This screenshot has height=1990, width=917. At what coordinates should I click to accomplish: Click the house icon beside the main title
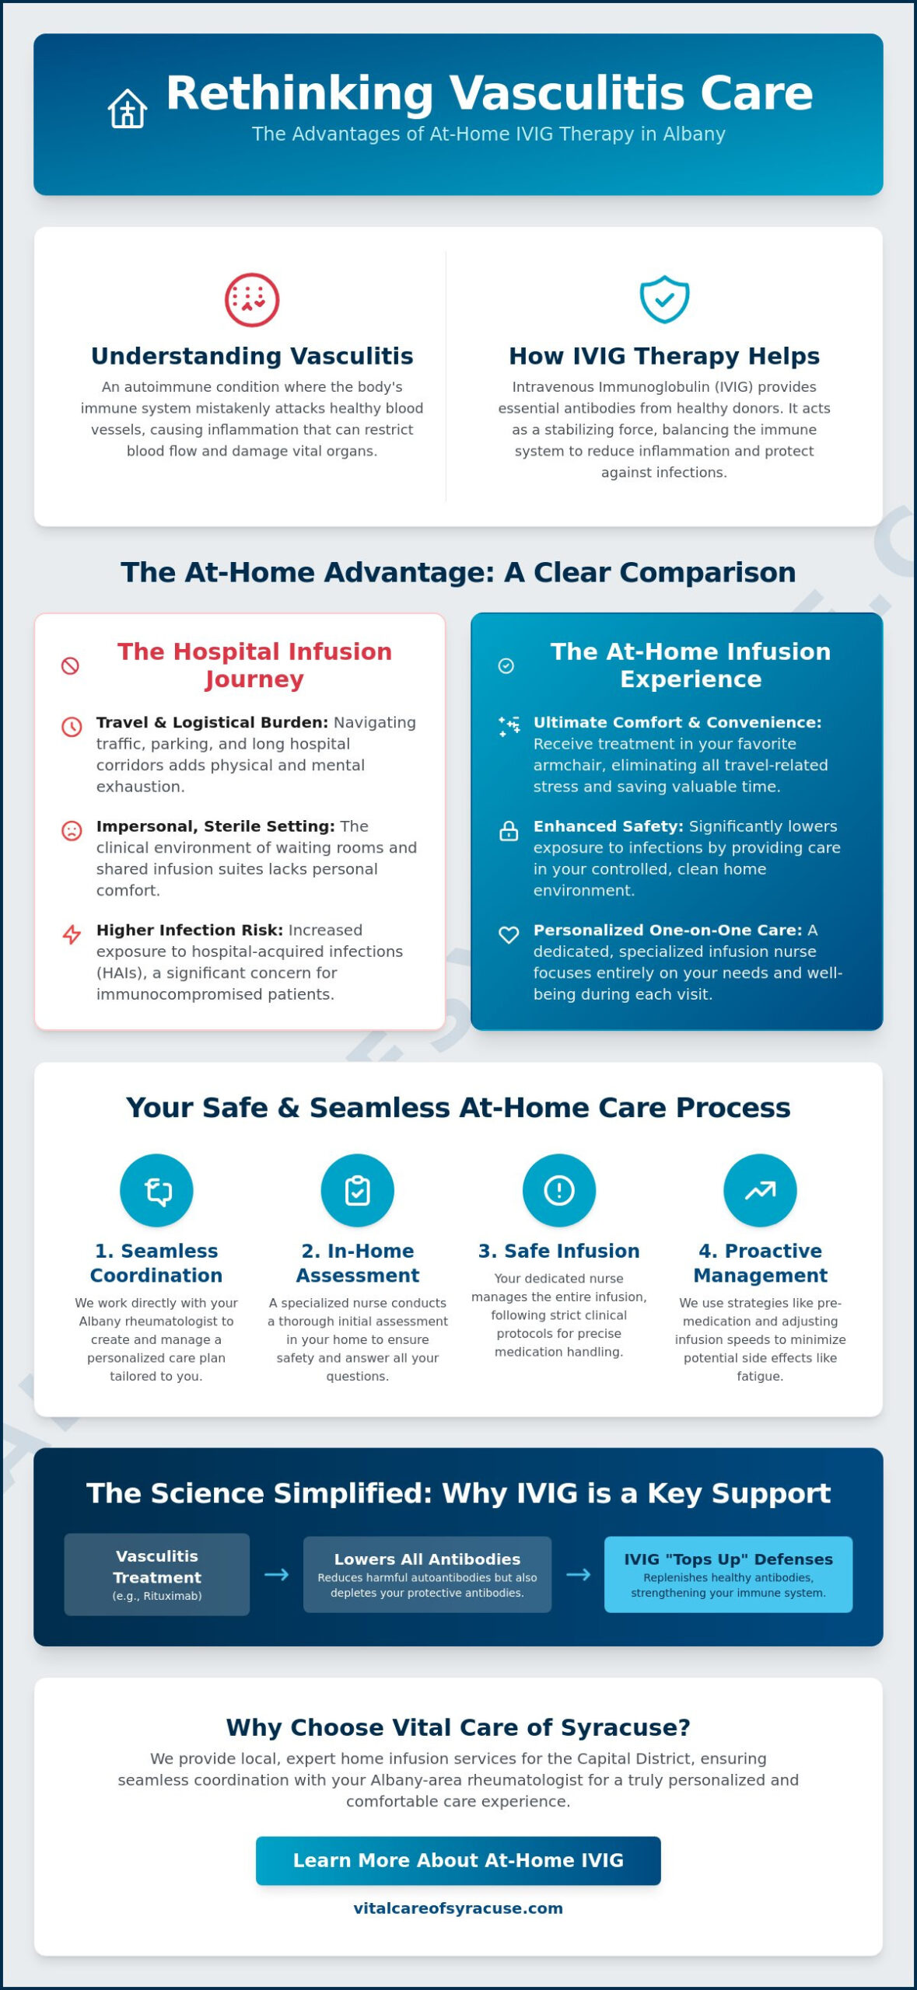pyautogui.click(x=128, y=108)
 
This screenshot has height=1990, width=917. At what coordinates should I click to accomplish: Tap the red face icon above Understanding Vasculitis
pyautogui.click(x=252, y=300)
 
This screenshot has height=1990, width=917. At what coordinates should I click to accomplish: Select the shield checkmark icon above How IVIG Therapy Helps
pyautogui.click(x=664, y=299)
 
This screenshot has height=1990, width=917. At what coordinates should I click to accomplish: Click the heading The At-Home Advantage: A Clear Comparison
pyautogui.click(x=458, y=572)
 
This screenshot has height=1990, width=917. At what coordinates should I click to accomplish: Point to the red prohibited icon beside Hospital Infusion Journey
pyautogui.click(x=70, y=665)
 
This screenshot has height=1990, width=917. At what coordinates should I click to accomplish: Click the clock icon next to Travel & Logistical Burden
pyautogui.click(x=72, y=727)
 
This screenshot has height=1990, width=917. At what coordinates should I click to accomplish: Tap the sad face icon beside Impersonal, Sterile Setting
pyautogui.click(x=72, y=830)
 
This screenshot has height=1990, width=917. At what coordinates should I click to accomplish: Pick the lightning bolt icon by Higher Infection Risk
pyautogui.click(x=72, y=934)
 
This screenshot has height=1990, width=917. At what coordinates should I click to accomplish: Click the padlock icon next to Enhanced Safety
pyautogui.click(x=509, y=830)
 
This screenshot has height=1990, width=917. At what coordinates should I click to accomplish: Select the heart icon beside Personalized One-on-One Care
pyautogui.click(x=509, y=934)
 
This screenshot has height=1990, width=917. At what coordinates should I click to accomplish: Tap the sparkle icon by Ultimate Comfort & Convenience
pyautogui.click(x=509, y=727)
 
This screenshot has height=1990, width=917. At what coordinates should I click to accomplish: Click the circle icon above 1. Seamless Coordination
pyautogui.click(x=156, y=1190)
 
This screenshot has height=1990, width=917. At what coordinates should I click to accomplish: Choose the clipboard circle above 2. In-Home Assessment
pyautogui.click(x=358, y=1190)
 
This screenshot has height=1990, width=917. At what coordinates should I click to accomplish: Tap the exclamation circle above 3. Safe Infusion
pyautogui.click(x=559, y=1190)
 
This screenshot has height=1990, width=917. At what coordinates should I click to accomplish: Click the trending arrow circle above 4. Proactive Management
pyautogui.click(x=761, y=1190)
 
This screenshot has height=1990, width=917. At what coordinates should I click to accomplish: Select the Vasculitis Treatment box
pyautogui.click(x=157, y=1574)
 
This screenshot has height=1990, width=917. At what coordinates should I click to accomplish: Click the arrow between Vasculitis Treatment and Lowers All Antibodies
pyautogui.click(x=277, y=1574)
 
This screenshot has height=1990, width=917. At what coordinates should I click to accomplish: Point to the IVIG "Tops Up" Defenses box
pyautogui.click(x=728, y=1574)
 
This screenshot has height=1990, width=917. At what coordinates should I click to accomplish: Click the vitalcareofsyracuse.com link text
pyautogui.click(x=458, y=1908)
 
